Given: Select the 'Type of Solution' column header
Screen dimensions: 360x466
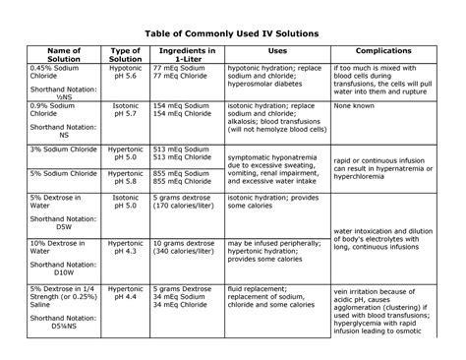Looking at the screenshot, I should coord(125,80).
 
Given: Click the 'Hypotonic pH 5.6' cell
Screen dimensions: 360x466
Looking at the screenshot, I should coord(125,97).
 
